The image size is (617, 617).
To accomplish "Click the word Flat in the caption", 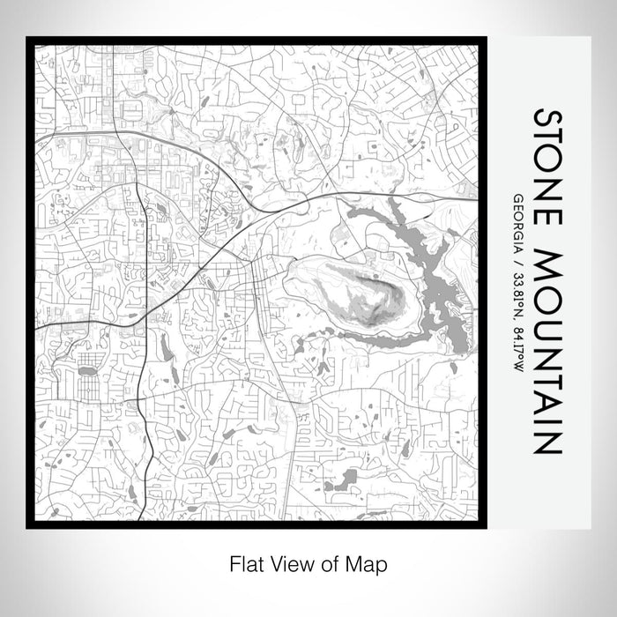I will click(245, 561).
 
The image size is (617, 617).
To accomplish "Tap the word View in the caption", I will click(289, 561).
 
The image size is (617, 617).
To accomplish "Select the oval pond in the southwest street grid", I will click(86, 371).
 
